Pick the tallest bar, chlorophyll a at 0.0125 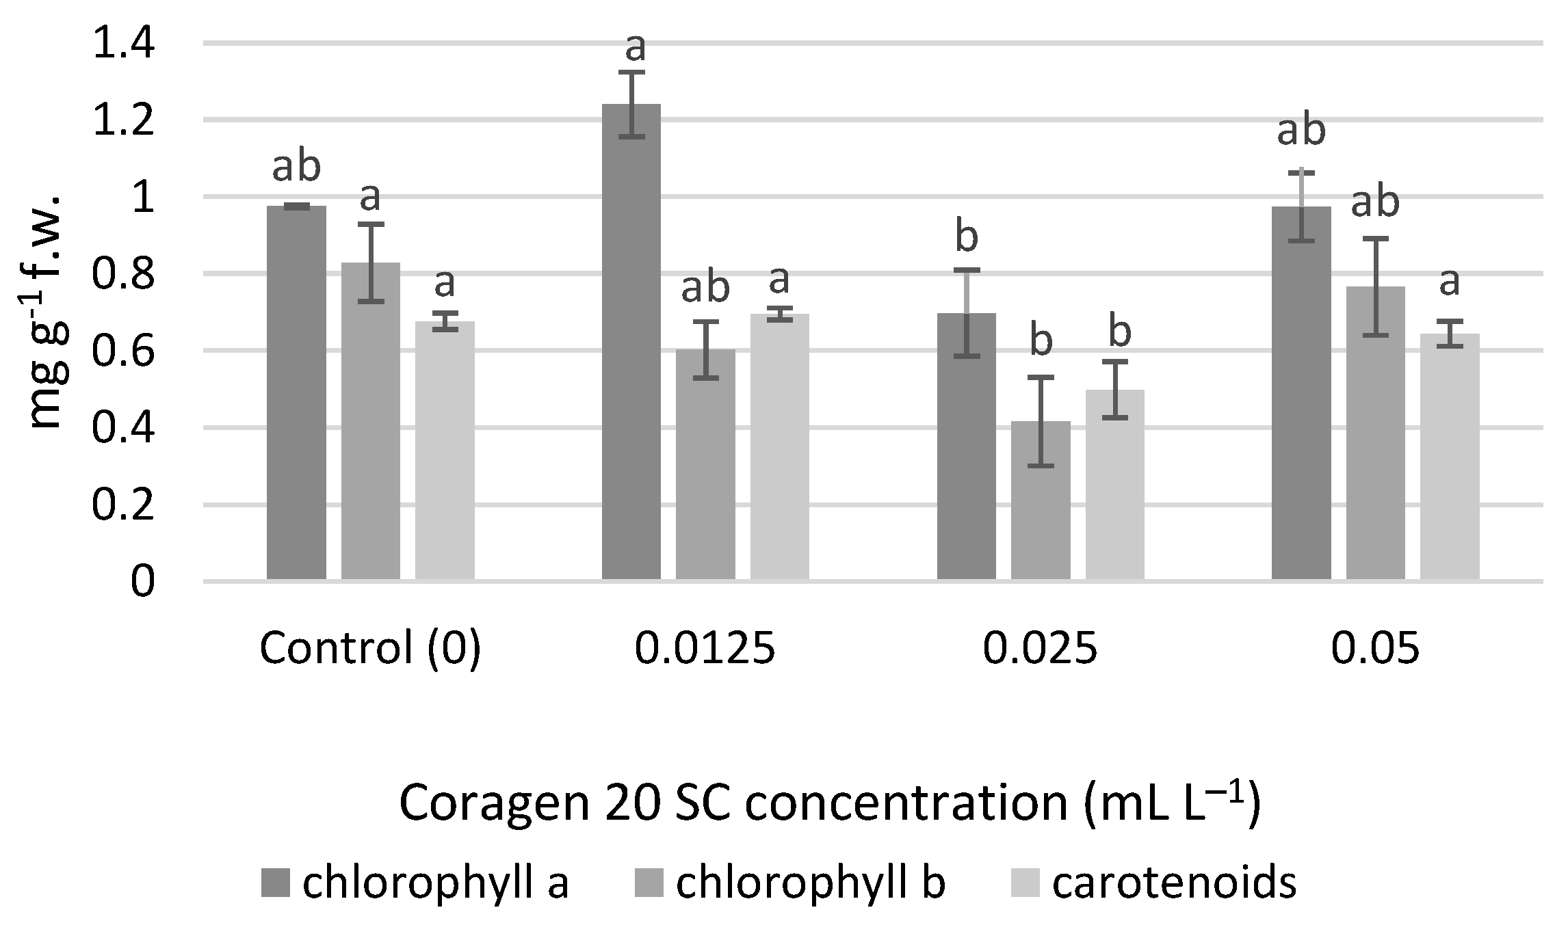click(x=631, y=342)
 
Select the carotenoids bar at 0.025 click(x=1114, y=485)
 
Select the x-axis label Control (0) click(x=370, y=648)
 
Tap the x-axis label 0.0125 click(x=705, y=648)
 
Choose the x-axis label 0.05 click(x=1375, y=648)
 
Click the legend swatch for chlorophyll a click(x=276, y=883)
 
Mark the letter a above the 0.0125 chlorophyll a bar click(x=636, y=48)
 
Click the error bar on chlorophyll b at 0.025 click(x=1041, y=421)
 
